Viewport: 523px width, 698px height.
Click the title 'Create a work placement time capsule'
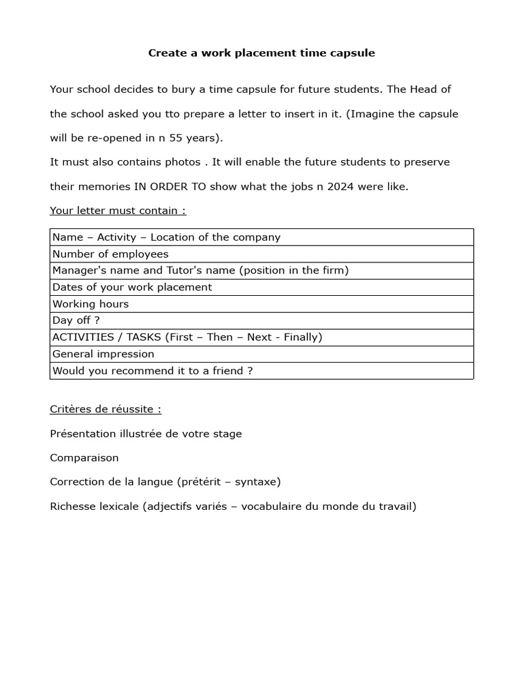261,52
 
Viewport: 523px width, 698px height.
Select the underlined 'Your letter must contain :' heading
118,211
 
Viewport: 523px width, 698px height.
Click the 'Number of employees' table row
110,254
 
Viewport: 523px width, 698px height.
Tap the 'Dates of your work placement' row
132,287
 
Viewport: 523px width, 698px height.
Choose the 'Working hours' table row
91,304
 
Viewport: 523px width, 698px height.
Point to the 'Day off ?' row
76,320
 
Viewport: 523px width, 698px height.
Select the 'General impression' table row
104,354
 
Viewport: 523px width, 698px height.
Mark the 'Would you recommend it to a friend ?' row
153,371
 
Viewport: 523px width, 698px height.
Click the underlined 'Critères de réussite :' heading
106,409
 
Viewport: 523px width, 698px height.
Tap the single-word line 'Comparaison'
84,458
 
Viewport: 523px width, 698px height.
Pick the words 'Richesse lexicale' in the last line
94,506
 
